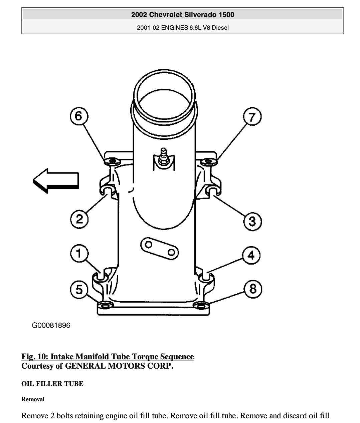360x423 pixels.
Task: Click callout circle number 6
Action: pyautogui.click(x=79, y=116)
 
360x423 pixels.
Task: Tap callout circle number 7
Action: pyautogui.click(x=252, y=116)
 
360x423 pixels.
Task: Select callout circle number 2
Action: pyautogui.click(x=79, y=219)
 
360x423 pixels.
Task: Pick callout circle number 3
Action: pyautogui.click(x=252, y=222)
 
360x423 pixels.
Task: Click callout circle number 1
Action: pyautogui.click(x=79, y=253)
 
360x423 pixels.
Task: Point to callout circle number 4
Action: pyautogui.click(x=251, y=255)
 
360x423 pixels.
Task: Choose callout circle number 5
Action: pyautogui.click(x=79, y=290)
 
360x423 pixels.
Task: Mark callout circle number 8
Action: pyautogui.click(x=253, y=289)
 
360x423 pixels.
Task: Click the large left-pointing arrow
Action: pyautogui.click(x=56, y=181)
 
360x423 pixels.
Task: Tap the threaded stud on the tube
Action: pyautogui.click(x=164, y=156)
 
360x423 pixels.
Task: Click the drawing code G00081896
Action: pyautogui.click(x=51, y=325)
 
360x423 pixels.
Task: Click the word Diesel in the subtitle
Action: pyautogui.click(x=220, y=28)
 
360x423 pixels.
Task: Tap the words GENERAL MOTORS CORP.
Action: pyautogui.click(x=119, y=366)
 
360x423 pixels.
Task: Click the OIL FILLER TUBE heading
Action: pyautogui.click(x=52, y=384)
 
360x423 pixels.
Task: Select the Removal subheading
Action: pyautogui.click(x=33, y=399)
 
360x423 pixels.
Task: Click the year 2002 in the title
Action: pyautogui.click(x=139, y=15)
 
